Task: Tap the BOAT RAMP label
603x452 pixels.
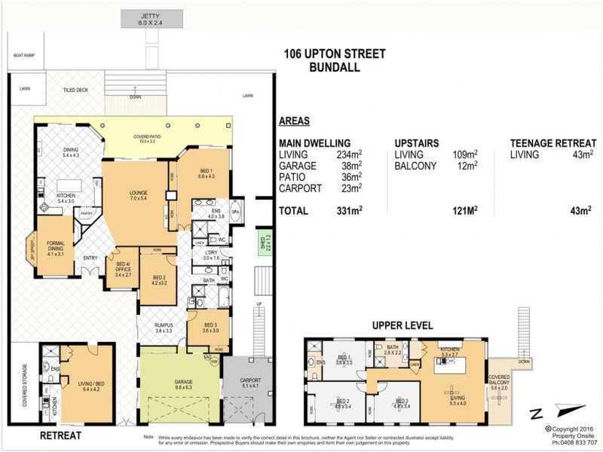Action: point(24,55)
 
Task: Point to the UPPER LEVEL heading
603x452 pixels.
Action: point(403,325)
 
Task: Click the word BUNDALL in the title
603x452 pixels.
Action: point(335,67)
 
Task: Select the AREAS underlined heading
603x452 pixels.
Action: point(295,120)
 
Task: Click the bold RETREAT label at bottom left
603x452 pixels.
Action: point(60,435)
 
